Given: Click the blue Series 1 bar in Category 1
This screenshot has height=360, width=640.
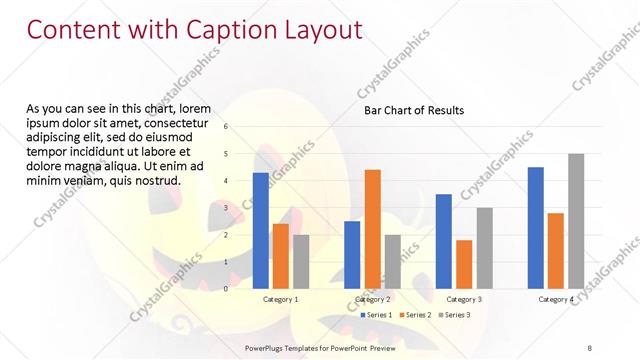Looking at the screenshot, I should pos(260,230).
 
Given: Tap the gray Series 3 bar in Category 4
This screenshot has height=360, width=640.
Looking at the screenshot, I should pos(576,221).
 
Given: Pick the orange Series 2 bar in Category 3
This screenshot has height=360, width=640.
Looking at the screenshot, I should pos(464,264).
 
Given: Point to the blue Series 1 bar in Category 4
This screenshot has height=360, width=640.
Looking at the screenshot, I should pos(536,227).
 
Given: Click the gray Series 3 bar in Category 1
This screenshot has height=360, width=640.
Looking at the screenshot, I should pos(301,261).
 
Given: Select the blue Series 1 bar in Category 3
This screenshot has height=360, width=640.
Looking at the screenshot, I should pos(444,241).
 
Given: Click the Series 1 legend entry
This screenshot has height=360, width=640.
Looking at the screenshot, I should pos(375,315).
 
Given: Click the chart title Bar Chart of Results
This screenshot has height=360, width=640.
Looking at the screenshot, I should pos(413,110).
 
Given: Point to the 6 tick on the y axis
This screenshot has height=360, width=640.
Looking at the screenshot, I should pos(226,127).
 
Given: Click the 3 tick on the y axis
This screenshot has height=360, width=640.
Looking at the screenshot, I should pos(226,208).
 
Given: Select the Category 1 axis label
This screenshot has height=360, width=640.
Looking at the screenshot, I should pos(280,299).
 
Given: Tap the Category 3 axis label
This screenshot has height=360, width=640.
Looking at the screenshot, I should pos(464,299).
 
